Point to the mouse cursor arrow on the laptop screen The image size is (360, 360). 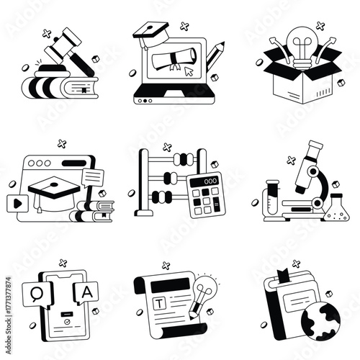tap(188, 72)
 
